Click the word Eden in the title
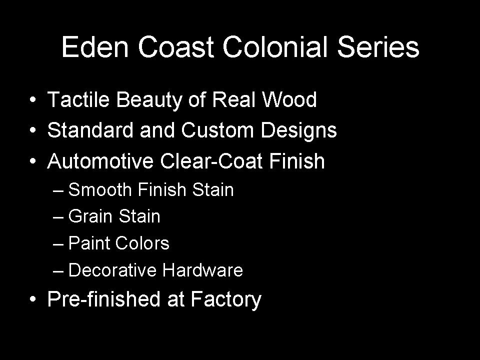95,47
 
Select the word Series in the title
378,47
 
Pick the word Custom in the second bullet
217,130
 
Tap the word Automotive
100,160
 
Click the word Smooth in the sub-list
100,189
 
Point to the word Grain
90,216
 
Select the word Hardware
202,270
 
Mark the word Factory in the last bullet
226,299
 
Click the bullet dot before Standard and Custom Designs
33,130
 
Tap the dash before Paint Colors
58,244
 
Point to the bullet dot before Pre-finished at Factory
33,299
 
